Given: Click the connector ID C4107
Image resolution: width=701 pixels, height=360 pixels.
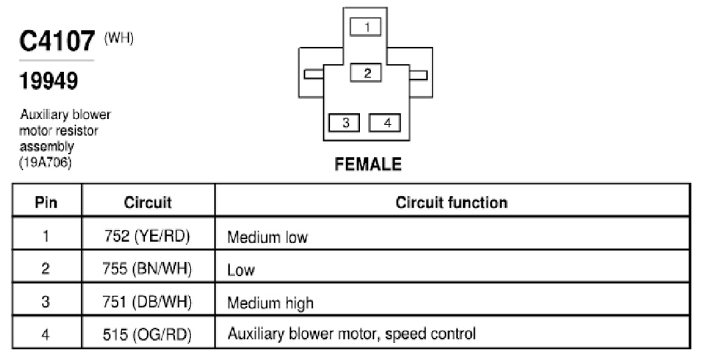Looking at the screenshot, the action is click(x=57, y=41).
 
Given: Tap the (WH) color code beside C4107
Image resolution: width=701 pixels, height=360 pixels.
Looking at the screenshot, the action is click(x=119, y=38).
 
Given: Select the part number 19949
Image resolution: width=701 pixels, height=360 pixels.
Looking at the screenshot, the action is click(x=48, y=81).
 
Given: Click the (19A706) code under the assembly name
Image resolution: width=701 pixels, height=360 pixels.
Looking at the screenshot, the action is click(x=45, y=162).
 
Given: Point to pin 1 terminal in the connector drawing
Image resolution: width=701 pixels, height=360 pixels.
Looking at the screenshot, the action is click(x=366, y=27).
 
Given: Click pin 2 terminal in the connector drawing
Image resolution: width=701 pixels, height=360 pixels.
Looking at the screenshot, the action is click(x=366, y=73).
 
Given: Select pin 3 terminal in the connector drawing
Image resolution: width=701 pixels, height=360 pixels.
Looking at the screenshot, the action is click(x=344, y=123).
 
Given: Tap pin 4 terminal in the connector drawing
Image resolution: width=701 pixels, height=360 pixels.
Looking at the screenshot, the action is click(x=384, y=123).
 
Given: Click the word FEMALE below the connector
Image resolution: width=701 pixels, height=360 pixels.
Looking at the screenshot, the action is click(x=368, y=164).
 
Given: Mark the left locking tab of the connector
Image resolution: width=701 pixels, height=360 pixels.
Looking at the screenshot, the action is click(x=314, y=74).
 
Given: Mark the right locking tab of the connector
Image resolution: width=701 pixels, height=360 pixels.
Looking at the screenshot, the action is click(x=418, y=74).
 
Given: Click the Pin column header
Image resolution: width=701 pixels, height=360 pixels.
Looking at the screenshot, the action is click(x=46, y=202).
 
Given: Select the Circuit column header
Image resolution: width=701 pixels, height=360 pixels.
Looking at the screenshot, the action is click(x=148, y=202).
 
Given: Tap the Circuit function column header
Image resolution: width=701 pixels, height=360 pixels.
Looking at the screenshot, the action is click(x=452, y=202).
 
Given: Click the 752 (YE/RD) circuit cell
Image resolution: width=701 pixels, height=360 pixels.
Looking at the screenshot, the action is click(x=147, y=236).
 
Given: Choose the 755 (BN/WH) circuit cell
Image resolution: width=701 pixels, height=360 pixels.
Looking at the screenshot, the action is click(x=147, y=269).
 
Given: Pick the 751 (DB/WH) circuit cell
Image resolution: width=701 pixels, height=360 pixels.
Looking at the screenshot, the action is click(x=147, y=302).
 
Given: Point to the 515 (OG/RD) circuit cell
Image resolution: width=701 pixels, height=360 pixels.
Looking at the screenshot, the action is click(x=147, y=334).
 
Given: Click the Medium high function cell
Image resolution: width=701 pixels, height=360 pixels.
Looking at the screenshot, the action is click(x=270, y=303).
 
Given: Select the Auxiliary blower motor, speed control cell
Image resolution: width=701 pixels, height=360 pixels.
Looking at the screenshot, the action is click(x=352, y=334).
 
